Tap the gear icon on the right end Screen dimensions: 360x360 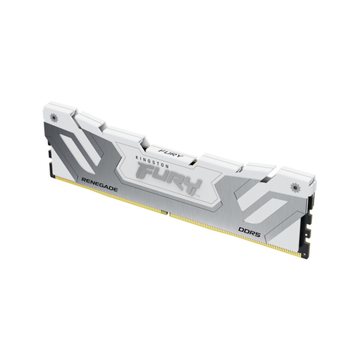tap(296, 186)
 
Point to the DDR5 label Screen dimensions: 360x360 tap(247, 230)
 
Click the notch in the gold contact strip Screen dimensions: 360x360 tap(167, 212)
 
